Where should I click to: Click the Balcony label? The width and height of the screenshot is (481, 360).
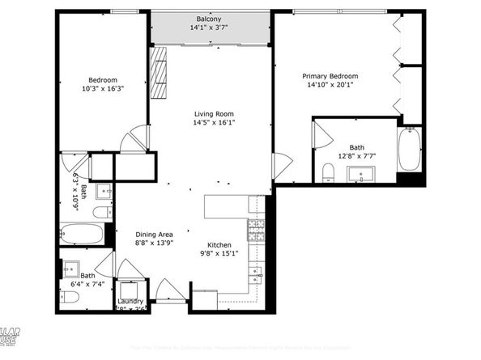coord(210,19)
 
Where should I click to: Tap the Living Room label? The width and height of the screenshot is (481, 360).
coord(214,114)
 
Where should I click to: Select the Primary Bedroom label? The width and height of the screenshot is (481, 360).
coord(330,76)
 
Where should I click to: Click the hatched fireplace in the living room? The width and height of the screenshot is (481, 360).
coord(159,72)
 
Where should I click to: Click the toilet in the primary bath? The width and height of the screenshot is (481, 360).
coord(328,172)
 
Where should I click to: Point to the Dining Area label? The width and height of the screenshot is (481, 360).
coord(153,235)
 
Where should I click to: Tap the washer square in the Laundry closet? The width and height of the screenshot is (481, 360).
coord(130,292)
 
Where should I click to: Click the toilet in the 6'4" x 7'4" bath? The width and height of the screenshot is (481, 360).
coord(70,297)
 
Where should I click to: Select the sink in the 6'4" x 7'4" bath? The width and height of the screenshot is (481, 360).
coord(70,268)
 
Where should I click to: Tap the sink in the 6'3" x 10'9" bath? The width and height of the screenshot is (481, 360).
coord(104,192)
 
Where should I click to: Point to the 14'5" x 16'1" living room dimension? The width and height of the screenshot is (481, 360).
coord(214,123)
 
